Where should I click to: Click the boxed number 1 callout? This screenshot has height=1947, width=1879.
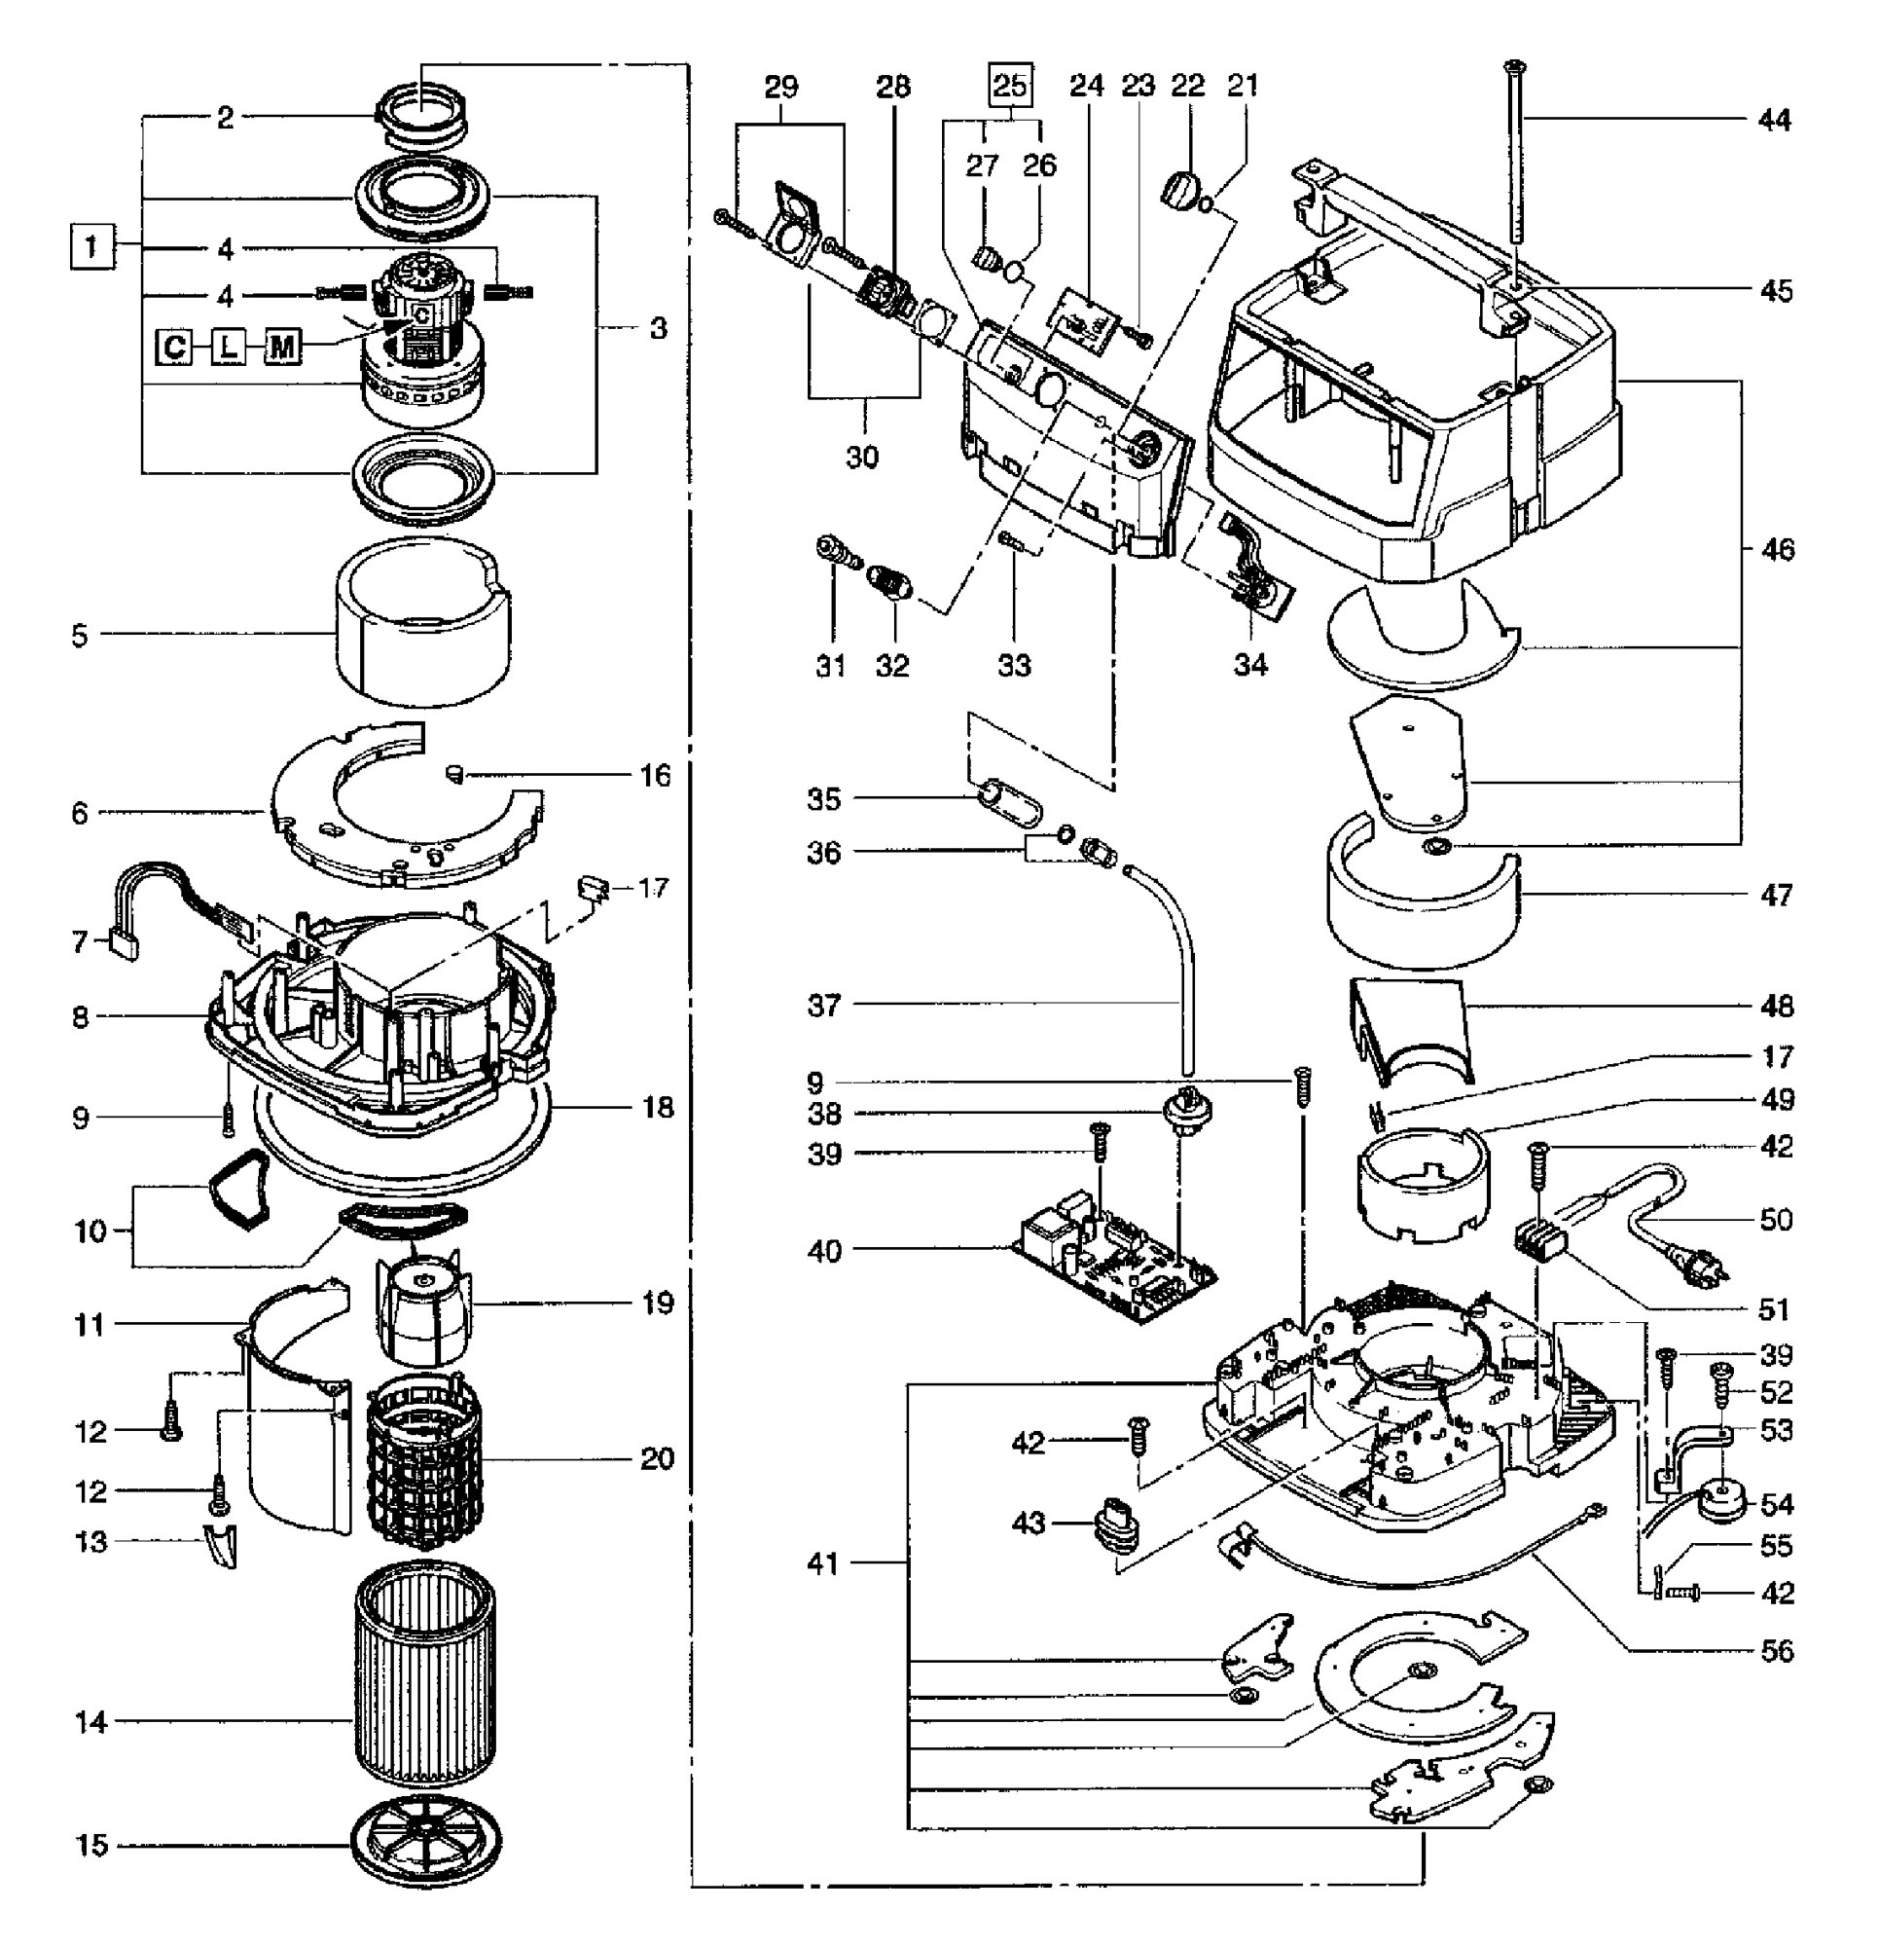91,246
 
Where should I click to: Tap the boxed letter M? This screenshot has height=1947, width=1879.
282,348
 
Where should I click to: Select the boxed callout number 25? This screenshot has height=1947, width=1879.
1009,86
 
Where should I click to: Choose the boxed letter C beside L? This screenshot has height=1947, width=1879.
175,348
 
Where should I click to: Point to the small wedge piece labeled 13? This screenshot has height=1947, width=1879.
221,1546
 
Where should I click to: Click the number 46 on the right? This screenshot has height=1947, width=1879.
1776,549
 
